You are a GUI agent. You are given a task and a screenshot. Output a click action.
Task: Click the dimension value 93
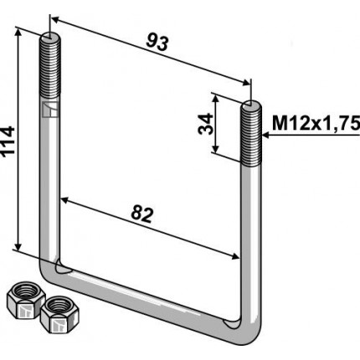(157, 43)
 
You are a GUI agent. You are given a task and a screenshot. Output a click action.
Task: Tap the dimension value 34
(205, 124)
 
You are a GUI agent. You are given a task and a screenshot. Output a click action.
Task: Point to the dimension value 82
(142, 214)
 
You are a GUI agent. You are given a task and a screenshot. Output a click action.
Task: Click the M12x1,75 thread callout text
(316, 124)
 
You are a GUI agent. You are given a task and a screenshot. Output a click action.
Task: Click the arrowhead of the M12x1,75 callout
(265, 136)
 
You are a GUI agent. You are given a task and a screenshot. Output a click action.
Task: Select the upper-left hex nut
(26, 300)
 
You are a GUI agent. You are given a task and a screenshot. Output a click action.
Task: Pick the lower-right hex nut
(59, 315)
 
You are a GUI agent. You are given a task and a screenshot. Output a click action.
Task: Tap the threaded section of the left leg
(49, 66)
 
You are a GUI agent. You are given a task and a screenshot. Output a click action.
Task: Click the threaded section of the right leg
(251, 133)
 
